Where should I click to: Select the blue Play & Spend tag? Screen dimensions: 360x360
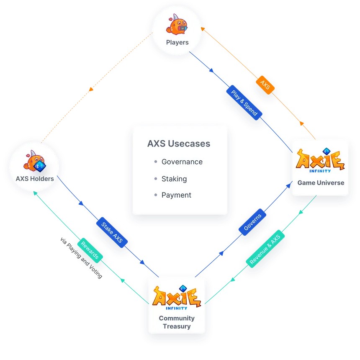pyautogui.click(x=244, y=101)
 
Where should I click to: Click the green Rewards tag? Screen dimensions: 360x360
pyautogui.click(x=90, y=250)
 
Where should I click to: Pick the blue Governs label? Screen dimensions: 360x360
pyautogui.click(x=253, y=221)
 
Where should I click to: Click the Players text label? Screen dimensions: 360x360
pyautogui.click(x=177, y=42)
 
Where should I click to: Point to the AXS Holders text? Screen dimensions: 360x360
pyautogui.click(x=35, y=179)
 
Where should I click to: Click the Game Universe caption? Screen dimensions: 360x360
pyautogui.click(x=321, y=183)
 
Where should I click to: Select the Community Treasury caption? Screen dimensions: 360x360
pyautogui.click(x=177, y=322)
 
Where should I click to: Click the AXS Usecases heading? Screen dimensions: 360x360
pyautogui.click(x=179, y=144)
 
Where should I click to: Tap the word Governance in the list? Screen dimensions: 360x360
pyautogui.click(x=182, y=162)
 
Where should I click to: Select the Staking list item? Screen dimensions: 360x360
pyautogui.click(x=174, y=179)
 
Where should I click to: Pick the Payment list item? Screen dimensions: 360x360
pyautogui.click(x=176, y=195)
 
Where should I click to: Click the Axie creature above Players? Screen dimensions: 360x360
pyautogui.click(x=177, y=24)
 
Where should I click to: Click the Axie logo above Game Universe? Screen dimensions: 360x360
pyautogui.click(x=321, y=160)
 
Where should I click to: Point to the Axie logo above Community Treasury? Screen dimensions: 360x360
pyautogui.click(x=177, y=296)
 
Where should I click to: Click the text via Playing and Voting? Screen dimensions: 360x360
pyautogui.click(x=81, y=258)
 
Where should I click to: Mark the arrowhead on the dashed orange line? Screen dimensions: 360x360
pyautogui.click(x=91, y=90)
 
